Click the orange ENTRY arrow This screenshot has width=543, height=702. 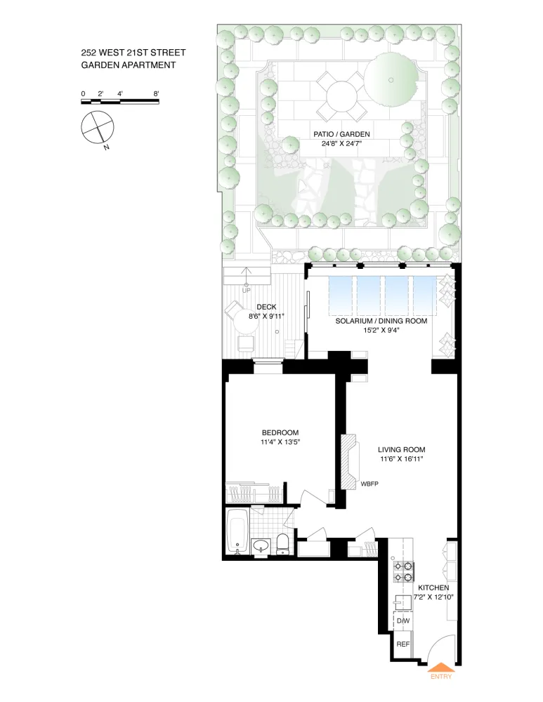tap(441, 667)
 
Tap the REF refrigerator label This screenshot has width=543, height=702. tap(403, 644)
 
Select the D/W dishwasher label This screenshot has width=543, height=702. tap(403, 621)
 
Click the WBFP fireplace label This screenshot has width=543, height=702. tap(369, 484)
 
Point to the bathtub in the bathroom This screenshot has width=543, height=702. tap(236, 531)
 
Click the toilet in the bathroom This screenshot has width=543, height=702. tap(282, 543)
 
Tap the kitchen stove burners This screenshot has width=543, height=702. tap(403, 571)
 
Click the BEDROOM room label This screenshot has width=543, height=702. tap(280, 432)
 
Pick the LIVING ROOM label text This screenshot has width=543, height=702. tap(401, 449)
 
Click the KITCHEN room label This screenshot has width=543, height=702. tap(433, 588)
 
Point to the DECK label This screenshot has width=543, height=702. tap(266, 307)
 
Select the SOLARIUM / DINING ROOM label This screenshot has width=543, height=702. tap(381, 321)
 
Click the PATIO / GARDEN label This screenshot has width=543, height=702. tap(341, 134)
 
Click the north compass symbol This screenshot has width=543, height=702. tap(97, 128)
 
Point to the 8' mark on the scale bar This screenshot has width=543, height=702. tap(156, 93)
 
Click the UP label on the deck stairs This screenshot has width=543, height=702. tap(247, 291)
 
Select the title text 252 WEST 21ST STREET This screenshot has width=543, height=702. tap(133, 53)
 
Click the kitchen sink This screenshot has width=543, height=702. tap(403, 602)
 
